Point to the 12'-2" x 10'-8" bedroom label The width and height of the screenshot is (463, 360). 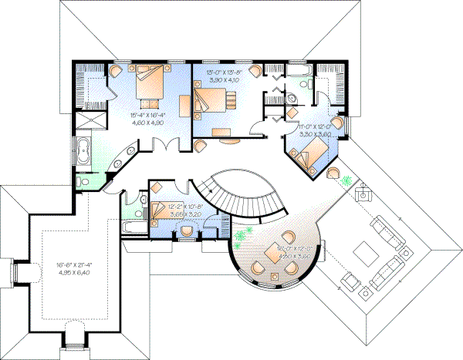click(x=175, y=207)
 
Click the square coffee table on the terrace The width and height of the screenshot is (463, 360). click(x=360, y=251)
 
